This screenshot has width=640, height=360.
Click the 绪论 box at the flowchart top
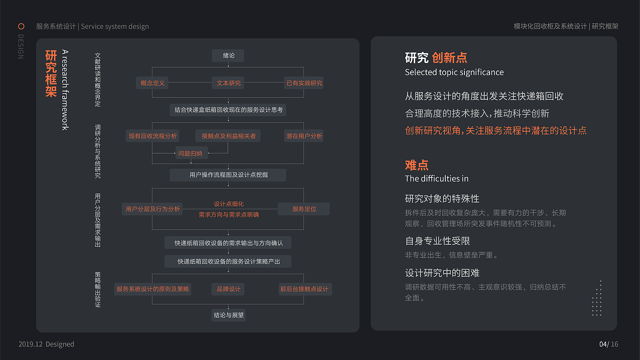coord(228,55)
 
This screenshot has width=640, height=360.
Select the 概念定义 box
coord(152,83)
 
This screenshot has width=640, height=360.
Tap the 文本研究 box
coord(228,83)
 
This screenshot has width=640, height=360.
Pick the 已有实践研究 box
coord(304,83)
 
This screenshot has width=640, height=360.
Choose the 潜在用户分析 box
coord(304,136)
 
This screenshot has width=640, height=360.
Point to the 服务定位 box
coord(304,209)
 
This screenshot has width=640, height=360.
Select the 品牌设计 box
coord(228,289)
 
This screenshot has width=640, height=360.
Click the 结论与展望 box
coord(228,315)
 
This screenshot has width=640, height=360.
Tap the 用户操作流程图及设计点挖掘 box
coord(228,175)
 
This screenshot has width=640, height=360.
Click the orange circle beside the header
coord(21,27)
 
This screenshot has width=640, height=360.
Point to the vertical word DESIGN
coord(21,47)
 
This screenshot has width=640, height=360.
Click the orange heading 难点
coord(416,165)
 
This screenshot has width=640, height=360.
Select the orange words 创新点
coord(449,58)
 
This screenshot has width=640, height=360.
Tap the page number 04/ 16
coord(608,344)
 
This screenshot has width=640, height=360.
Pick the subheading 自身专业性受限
coord(437,241)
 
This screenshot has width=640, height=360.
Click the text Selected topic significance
coord(454,72)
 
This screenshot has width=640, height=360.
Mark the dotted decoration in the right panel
coord(597,298)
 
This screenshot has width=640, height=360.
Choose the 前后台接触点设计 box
coord(304,289)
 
